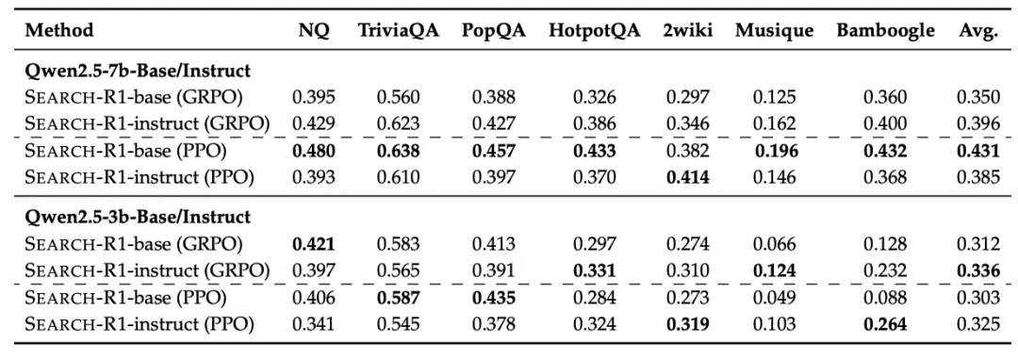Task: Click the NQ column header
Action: (x=314, y=30)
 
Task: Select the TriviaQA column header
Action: (x=399, y=30)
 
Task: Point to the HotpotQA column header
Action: (x=594, y=31)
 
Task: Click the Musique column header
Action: (x=774, y=31)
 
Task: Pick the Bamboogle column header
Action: (x=885, y=31)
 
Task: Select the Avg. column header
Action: (x=977, y=31)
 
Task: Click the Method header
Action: (x=59, y=30)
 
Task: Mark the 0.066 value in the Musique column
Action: (x=774, y=244)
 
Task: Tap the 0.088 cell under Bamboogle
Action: (x=885, y=298)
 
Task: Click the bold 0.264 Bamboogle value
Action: (x=885, y=323)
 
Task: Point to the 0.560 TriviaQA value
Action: (x=399, y=97)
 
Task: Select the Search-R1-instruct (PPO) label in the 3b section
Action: (x=139, y=323)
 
